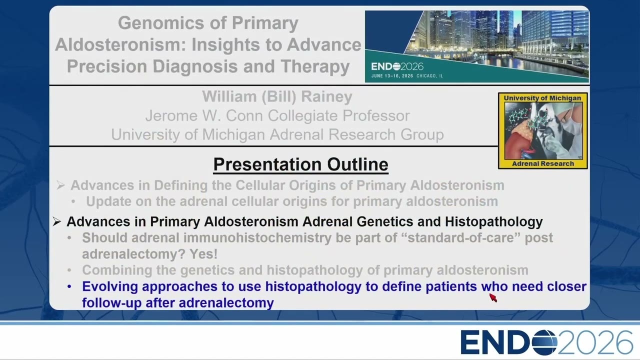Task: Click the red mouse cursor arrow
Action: tap(493, 297)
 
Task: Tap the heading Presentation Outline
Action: tap(300, 164)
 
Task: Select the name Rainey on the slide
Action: tap(326, 96)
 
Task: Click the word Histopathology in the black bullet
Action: tap(493, 221)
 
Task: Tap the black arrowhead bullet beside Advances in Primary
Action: tap(56, 221)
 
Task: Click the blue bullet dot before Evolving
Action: tap(69, 286)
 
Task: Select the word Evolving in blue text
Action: tap(110, 286)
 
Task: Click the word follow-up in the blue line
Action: tap(111, 303)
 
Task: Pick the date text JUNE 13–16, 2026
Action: tap(392, 76)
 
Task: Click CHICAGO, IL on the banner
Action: tap(429, 76)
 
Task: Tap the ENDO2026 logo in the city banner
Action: tap(397, 66)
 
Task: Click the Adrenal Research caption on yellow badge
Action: tap(543, 163)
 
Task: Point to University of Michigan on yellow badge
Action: tap(542, 98)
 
